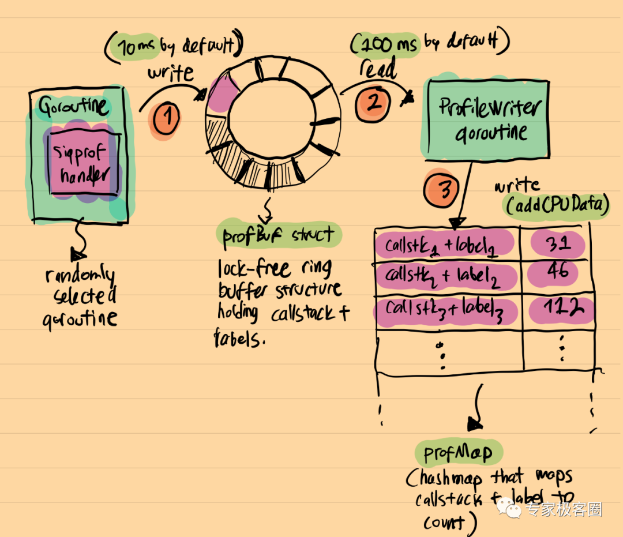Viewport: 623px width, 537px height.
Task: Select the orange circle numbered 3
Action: (442, 189)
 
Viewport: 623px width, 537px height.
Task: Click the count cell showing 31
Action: (558, 243)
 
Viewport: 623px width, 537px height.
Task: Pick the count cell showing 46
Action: (558, 272)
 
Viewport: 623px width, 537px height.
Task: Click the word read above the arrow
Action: (378, 70)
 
